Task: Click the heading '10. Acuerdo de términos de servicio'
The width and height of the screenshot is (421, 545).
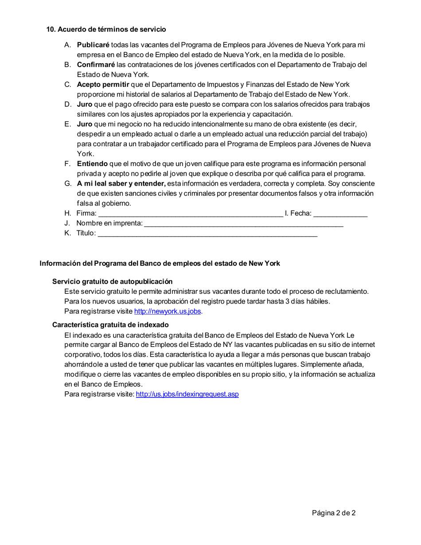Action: click(106, 29)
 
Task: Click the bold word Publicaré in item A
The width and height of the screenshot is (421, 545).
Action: click(93, 45)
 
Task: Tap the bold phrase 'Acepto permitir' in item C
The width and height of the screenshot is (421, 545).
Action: click(103, 84)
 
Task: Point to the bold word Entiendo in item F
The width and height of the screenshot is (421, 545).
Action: click(92, 163)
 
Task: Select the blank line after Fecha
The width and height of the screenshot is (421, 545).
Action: click(340, 214)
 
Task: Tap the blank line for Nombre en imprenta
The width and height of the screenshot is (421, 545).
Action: click(244, 224)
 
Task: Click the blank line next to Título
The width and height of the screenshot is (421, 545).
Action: click(207, 234)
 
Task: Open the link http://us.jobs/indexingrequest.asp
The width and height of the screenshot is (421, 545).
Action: click(187, 394)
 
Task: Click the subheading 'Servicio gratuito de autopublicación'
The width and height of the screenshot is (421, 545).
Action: click(112, 281)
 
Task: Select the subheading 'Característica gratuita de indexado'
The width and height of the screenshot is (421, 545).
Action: click(110, 324)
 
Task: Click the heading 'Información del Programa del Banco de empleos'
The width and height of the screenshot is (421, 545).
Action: click(160, 263)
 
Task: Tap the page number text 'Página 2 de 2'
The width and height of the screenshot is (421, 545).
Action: click(334, 513)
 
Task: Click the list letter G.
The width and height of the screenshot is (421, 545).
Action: click(67, 183)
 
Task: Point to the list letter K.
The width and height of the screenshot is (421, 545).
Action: click(67, 233)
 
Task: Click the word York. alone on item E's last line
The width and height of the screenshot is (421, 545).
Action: click(85, 154)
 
